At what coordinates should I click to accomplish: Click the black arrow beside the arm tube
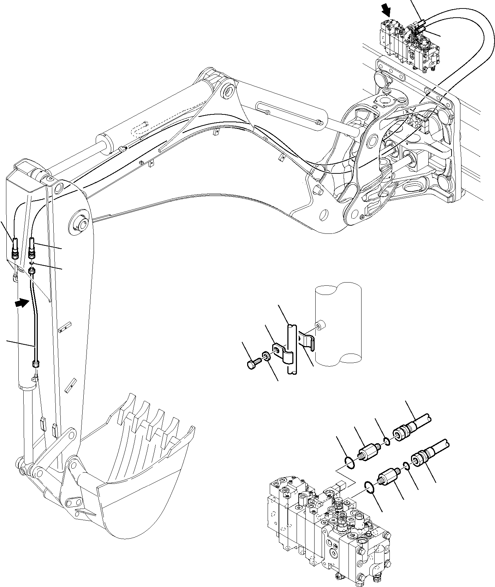click(x=22, y=302)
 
